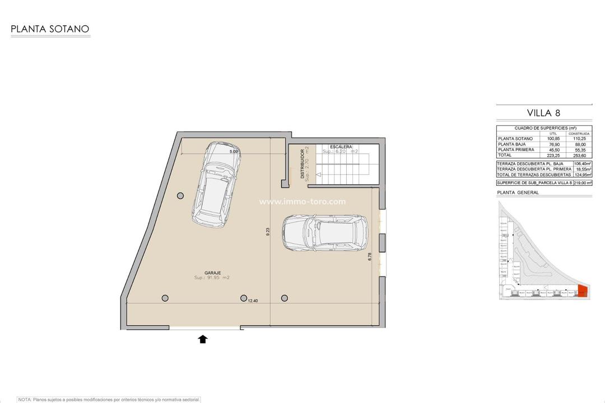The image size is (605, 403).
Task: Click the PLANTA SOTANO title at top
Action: point(50,29)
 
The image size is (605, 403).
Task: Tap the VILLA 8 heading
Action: point(543,113)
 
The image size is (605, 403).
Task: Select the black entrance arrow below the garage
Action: point(203,338)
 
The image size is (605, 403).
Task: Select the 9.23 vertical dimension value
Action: point(268,231)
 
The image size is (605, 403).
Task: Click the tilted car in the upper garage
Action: point(216,183)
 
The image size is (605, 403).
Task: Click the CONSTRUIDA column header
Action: point(579,133)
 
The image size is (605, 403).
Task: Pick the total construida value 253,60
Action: point(579,155)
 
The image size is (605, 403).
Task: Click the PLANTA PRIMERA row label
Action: point(515,149)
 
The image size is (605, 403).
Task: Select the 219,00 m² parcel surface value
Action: point(583,183)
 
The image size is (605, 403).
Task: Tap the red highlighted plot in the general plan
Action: point(583,291)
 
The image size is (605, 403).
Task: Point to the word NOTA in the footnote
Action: point(24,400)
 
